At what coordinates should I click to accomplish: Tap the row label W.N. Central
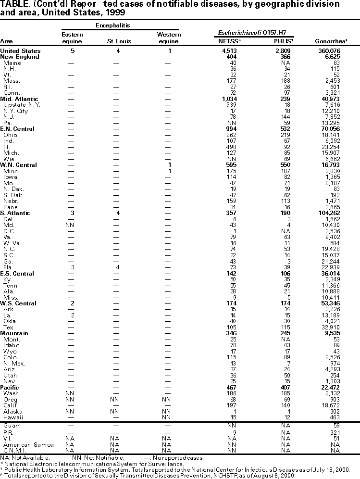coord(18,165)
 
